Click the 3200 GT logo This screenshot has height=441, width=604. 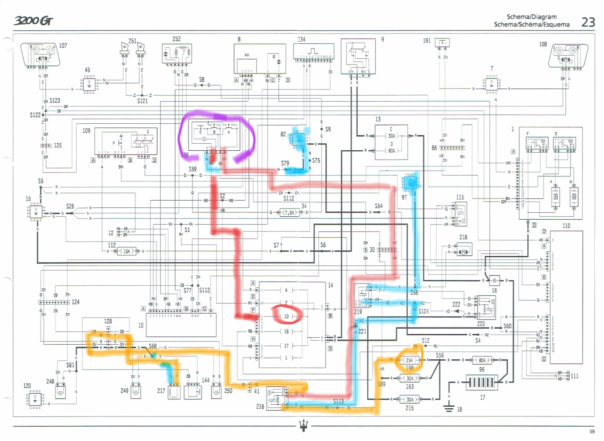point(33,20)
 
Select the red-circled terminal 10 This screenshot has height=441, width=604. point(286,316)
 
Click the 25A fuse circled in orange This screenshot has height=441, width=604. point(409,360)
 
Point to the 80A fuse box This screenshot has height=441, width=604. point(482,360)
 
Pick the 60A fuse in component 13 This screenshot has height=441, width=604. point(392,151)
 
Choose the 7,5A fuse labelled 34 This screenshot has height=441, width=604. point(290,212)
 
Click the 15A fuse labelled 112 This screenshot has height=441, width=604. point(127,251)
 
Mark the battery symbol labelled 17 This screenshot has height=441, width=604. point(482,383)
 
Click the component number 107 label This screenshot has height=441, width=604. point(63,46)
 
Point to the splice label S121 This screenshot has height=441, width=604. point(142,101)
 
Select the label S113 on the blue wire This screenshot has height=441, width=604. point(338,401)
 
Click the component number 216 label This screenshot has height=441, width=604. point(260,406)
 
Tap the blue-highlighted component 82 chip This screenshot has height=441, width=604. point(298,139)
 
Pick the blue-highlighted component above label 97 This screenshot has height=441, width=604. point(410,183)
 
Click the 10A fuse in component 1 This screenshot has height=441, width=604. point(574,196)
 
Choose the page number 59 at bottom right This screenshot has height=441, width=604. point(592,431)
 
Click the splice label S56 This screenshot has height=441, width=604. point(440,355)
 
